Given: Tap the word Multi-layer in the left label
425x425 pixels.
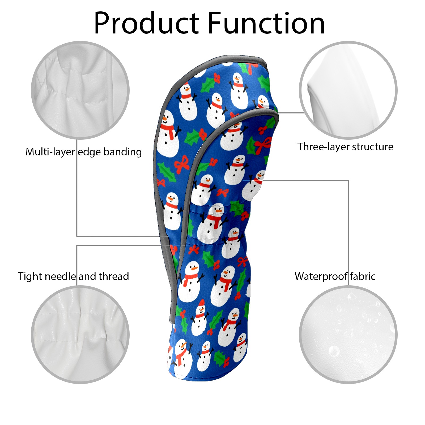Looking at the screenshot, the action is [x=50, y=152].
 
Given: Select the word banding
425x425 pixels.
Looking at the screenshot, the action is [x=122, y=152].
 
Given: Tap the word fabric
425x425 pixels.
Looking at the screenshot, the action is [x=363, y=276].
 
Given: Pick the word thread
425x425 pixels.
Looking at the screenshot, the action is [x=114, y=276].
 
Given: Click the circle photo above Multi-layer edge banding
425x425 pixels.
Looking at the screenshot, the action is [x=80, y=90].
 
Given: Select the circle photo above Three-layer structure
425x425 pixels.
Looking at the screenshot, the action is [x=348, y=90].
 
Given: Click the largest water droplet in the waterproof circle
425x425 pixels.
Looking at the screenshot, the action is [x=334, y=351].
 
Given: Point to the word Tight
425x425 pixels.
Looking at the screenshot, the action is [x=30, y=277].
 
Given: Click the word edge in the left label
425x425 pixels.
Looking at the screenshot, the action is [x=89, y=152].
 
